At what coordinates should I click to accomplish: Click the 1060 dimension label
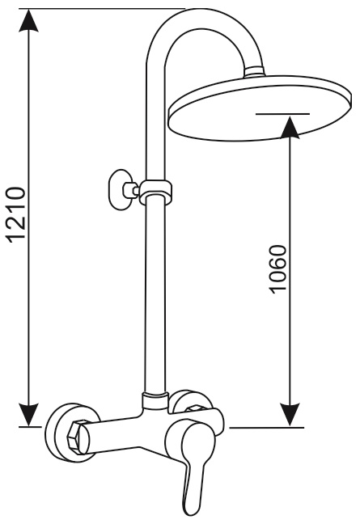tap(278, 269)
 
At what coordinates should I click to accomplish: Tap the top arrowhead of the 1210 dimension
tap(29, 21)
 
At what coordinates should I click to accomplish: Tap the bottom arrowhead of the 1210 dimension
tap(29, 415)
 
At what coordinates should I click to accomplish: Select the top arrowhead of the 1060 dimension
tap(290, 127)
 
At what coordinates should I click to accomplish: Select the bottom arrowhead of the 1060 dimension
tap(290, 415)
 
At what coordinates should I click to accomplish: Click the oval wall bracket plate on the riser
tap(120, 190)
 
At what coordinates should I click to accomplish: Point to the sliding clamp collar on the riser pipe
tap(155, 192)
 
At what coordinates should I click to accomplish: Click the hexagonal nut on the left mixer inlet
tap(80, 437)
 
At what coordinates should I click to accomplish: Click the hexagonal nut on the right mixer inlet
tap(196, 409)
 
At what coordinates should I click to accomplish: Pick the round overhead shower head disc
tap(260, 108)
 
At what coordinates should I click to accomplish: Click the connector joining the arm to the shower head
tap(254, 72)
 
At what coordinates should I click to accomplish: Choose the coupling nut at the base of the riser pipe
tap(155, 400)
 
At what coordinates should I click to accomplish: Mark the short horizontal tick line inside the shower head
tap(283, 114)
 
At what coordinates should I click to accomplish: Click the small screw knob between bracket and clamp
tap(130, 190)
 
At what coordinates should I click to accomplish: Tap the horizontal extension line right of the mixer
tap(267, 427)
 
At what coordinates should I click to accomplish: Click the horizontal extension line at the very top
tap(102, 8)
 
